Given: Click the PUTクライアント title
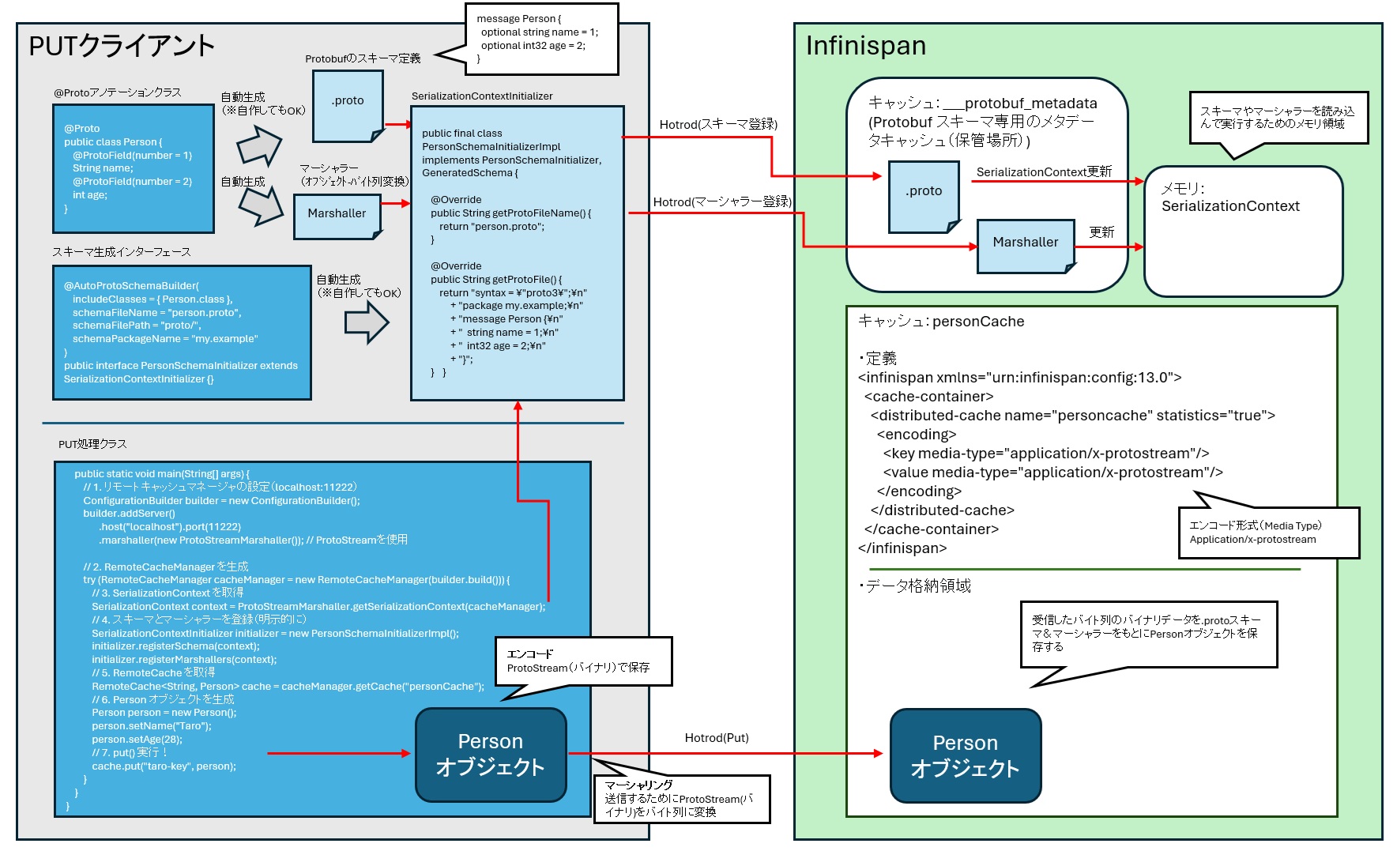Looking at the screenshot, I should pyautogui.click(x=122, y=46).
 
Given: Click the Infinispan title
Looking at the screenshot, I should pyautogui.click(x=865, y=46).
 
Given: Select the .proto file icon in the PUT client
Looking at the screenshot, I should pyautogui.click(x=348, y=105).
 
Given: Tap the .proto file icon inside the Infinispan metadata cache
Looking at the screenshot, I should pyautogui.click(x=923, y=195).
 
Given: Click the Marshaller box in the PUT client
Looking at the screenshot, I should pyautogui.click(x=337, y=215).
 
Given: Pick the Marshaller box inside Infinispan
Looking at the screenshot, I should pyautogui.click(x=1025, y=245).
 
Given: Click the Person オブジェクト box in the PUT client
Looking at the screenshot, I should pyautogui.click(x=491, y=755).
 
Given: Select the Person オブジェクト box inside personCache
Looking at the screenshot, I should pyautogui.click(x=965, y=756).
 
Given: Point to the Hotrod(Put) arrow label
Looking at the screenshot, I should pyautogui.click(x=716, y=738).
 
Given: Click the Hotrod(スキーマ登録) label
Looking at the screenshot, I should pyautogui.click(x=717, y=124).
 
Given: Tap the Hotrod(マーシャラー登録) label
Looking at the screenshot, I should pyautogui.click(x=721, y=201).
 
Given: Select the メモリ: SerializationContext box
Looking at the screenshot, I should pyautogui.click(x=1242, y=231).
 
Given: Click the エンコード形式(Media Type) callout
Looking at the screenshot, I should pyautogui.click(x=1267, y=533).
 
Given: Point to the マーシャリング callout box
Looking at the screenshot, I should pyautogui.click(x=681, y=799).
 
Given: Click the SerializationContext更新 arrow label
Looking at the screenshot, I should pyautogui.click(x=1043, y=171).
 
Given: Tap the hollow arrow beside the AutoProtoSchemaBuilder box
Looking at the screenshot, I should pyautogui.click(x=367, y=323).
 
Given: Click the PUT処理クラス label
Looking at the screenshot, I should pyautogui.click(x=92, y=444).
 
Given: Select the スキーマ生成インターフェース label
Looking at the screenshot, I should pyautogui.click(x=121, y=252).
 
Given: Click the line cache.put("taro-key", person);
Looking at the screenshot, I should pyautogui.click(x=164, y=766).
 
